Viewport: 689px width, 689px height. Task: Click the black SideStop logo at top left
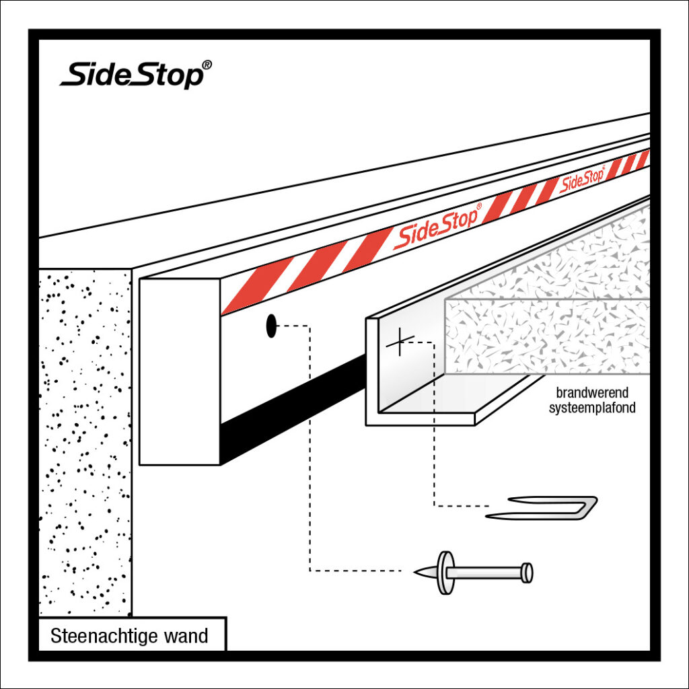click(x=131, y=73)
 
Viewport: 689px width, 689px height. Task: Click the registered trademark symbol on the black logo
click(x=207, y=65)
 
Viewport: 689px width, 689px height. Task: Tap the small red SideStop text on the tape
click(x=582, y=179)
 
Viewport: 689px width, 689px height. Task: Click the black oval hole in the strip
click(x=271, y=326)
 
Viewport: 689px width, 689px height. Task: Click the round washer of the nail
click(x=444, y=573)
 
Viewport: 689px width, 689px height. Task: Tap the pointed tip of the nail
click(x=418, y=573)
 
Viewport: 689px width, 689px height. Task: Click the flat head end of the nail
click(x=528, y=573)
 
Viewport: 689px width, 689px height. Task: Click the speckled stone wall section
click(x=84, y=437)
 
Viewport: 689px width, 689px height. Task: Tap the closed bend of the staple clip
click(x=591, y=504)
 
